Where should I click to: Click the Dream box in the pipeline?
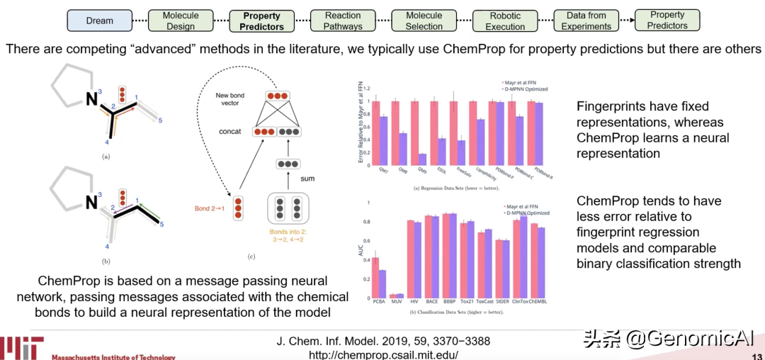click(x=100, y=20)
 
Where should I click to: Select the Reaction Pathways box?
click(x=344, y=20)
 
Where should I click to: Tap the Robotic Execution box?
click(x=505, y=20)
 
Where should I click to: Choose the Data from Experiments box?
click(x=586, y=20)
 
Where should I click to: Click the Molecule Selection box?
click(x=424, y=20)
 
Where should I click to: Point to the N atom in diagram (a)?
click(x=91, y=100)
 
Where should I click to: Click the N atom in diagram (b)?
click(x=91, y=203)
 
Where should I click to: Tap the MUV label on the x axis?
click(x=394, y=303)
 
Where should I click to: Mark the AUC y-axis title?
click(x=359, y=250)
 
